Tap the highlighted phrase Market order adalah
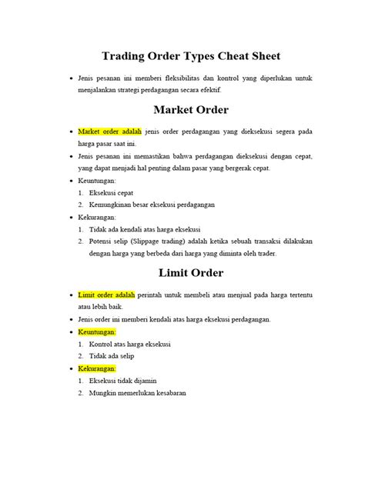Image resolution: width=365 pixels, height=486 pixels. click(x=109, y=132)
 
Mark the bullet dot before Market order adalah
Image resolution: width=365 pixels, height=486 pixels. click(x=70, y=132)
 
